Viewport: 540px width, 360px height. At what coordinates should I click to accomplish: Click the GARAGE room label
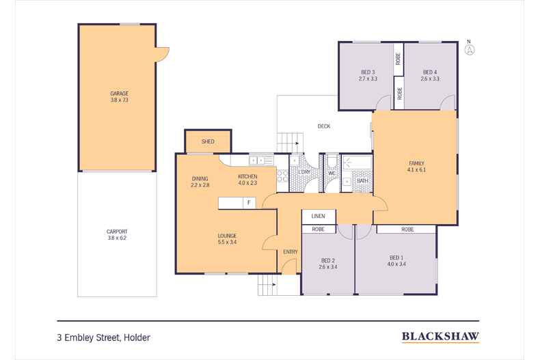(x=120, y=97)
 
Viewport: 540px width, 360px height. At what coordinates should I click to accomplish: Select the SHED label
(x=208, y=141)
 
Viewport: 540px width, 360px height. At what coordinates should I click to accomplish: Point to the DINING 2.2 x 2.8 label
(x=200, y=182)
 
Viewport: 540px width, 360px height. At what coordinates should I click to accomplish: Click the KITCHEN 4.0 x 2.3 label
(x=247, y=180)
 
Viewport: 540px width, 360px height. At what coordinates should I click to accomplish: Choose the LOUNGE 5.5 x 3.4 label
(x=227, y=239)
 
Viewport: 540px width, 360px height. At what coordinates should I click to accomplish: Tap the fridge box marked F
(x=249, y=203)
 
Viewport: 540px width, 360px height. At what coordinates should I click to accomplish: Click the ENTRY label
(x=290, y=252)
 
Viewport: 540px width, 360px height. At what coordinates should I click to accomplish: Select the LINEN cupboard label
(x=319, y=217)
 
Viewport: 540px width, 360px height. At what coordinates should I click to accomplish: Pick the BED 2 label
(x=328, y=264)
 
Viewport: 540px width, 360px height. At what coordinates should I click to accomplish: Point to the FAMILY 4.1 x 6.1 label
(x=416, y=166)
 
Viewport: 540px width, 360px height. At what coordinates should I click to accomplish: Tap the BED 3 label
(x=368, y=75)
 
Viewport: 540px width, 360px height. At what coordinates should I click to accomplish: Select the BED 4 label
(x=430, y=75)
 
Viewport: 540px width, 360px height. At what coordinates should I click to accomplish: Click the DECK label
(x=324, y=126)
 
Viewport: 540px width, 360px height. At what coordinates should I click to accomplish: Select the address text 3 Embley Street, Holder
(x=103, y=337)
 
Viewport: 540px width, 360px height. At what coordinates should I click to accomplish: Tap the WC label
(x=332, y=172)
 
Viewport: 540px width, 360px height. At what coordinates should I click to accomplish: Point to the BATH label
(x=362, y=181)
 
